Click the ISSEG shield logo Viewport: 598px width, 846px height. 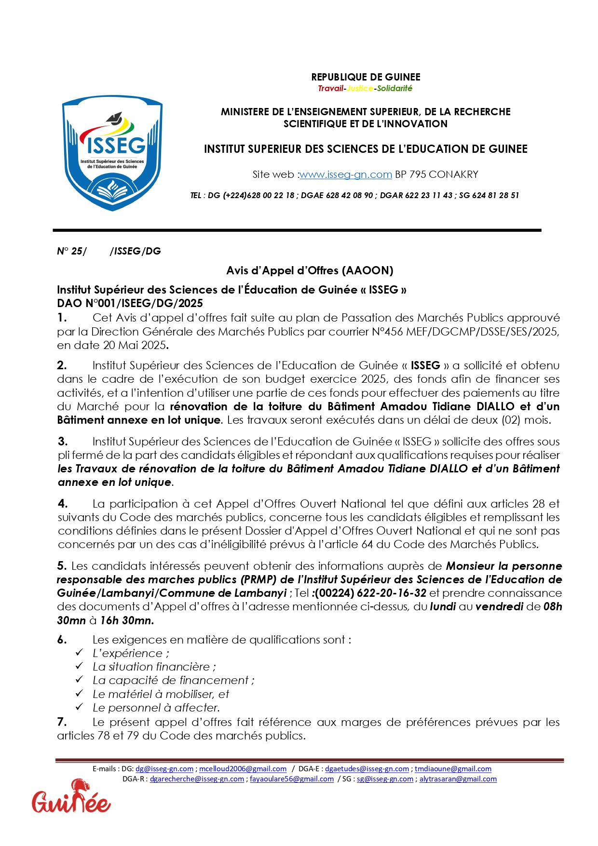click(x=112, y=153)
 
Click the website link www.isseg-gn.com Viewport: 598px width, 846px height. click(x=345, y=175)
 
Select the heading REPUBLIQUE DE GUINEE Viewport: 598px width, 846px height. click(x=366, y=77)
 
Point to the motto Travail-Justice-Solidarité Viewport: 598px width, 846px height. click(x=365, y=88)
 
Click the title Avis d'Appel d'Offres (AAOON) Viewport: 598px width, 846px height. click(x=310, y=270)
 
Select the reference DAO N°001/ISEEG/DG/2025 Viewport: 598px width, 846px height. click(x=130, y=303)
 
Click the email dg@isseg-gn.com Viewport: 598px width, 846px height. click(x=164, y=769)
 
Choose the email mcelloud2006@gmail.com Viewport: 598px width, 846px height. click(x=243, y=769)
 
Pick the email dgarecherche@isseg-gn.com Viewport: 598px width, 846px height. click(x=197, y=779)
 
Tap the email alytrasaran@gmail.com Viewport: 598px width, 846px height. click(x=458, y=779)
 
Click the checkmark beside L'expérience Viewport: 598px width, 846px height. click(x=80, y=653)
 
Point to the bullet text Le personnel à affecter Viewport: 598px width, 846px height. click(x=156, y=708)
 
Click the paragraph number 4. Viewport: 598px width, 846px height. click(x=63, y=504)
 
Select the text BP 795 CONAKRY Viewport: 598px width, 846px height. click(x=436, y=175)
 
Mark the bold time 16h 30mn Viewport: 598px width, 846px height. click(x=127, y=620)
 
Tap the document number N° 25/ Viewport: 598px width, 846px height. click(x=72, y=251)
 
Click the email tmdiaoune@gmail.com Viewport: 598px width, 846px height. click(x=453, y=769)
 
